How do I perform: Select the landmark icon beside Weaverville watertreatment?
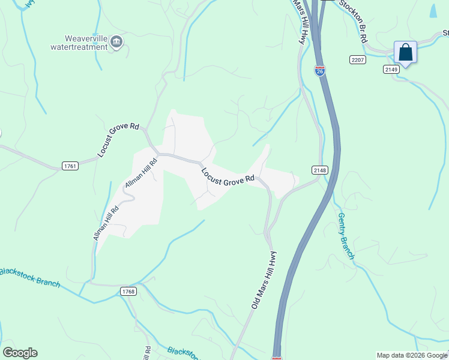[x=116, y=42]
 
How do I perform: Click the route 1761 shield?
[x=70, y=166]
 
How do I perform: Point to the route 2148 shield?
[x=320, y=170]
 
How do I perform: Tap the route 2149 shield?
[x=392, y=69]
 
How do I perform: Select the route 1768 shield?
[x=128, y=292]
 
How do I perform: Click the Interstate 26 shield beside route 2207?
[x=320, y=71]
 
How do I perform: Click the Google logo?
[x=20, y=353]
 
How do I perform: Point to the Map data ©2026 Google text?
[x=412, y=355]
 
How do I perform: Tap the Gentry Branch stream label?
[x=346, y=236]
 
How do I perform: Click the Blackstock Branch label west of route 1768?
[x=30, y=277]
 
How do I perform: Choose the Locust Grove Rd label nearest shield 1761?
[x=118, y=140]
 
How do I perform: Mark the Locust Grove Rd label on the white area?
[x=228, y=176]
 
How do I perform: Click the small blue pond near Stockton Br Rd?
[x=433, y=10]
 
